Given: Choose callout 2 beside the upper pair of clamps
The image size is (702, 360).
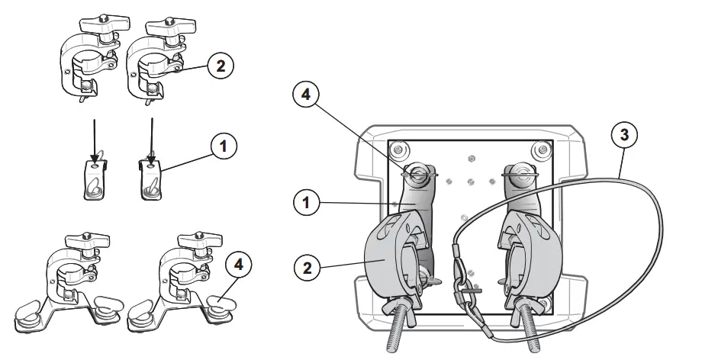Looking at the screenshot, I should click(x=220, y=66).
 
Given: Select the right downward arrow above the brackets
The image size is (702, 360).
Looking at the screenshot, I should click(x=153, y=137).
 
